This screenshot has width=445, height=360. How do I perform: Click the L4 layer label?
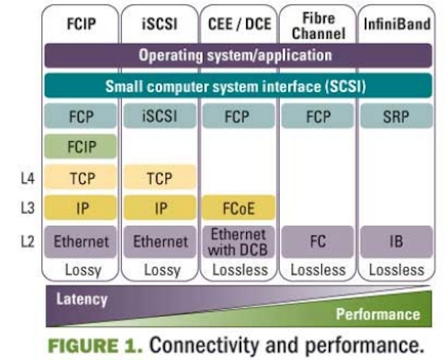(28, 179)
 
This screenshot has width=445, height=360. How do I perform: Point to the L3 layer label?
(28, 208)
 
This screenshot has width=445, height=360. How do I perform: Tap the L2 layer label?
(28, 242)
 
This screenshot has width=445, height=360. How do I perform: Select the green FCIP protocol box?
(81, 147)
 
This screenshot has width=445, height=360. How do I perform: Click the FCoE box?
(238, 208)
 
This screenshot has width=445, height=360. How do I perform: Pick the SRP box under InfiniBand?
(396, 116)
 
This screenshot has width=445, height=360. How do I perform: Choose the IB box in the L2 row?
(396, 242)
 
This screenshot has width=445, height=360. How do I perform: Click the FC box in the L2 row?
(318, 242)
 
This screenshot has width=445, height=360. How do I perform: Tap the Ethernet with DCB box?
(238, 242)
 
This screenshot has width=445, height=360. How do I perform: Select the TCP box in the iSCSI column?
(160, 178)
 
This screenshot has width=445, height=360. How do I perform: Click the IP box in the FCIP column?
(81, 208)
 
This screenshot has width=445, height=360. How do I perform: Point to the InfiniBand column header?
(397, 24)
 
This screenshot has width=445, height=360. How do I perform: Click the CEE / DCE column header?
(239, 24)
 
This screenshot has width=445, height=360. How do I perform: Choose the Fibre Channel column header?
(318, 26)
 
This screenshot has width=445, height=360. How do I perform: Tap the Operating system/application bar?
(238, 56)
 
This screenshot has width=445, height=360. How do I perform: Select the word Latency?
(82, 300)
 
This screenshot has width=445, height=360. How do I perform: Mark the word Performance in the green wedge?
(378, 314)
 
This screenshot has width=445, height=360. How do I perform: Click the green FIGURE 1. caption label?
(95, 346)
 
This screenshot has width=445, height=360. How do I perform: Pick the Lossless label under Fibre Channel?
(318, 270)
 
